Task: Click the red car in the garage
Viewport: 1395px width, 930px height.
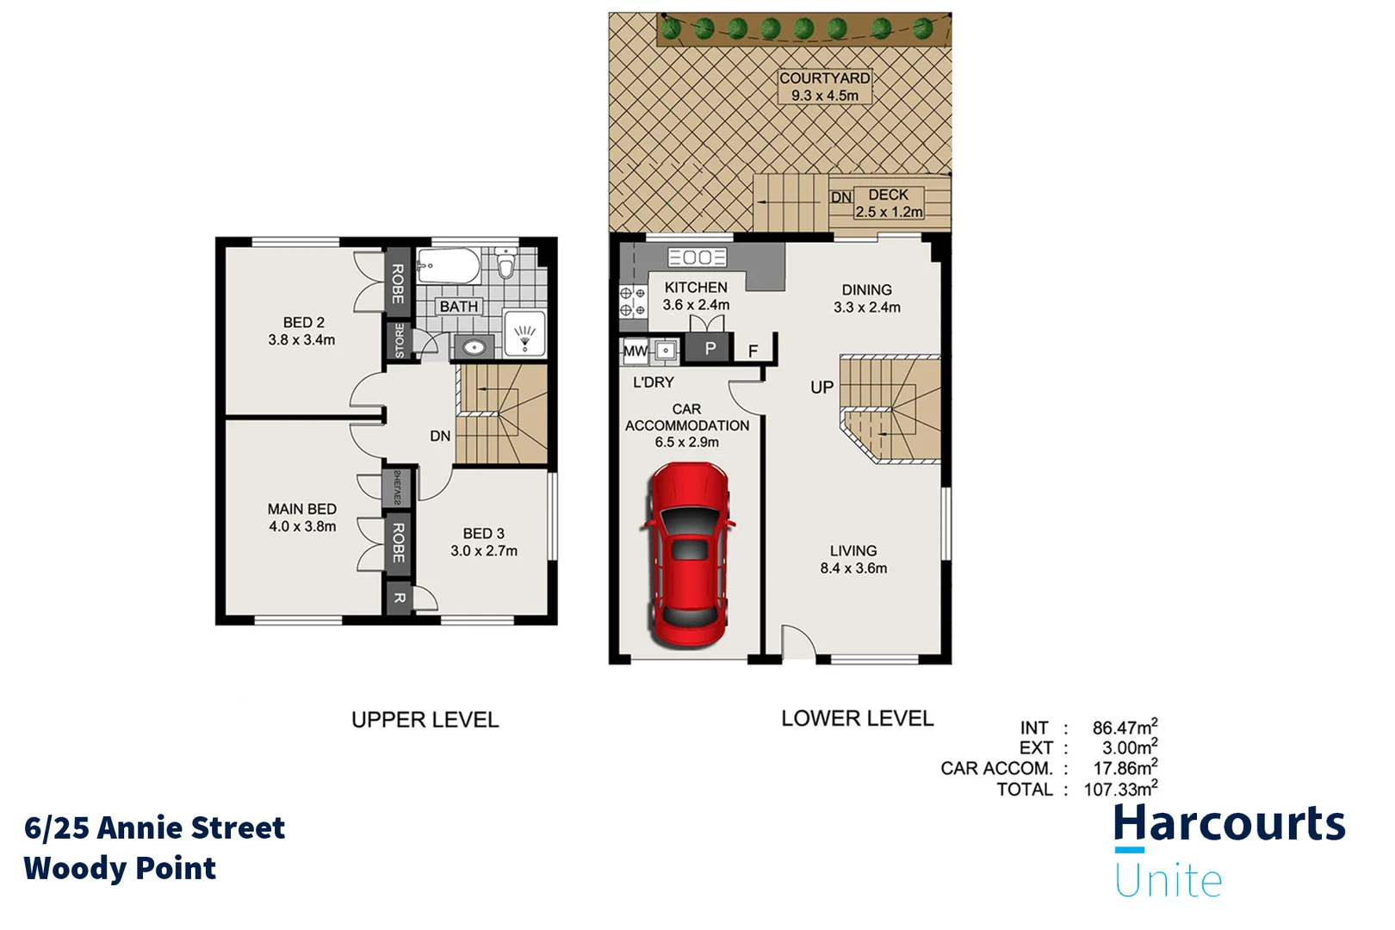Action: (688, 555)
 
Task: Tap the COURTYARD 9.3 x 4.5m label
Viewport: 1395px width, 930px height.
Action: (824, 86)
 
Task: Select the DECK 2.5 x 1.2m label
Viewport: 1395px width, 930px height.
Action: (888, 203)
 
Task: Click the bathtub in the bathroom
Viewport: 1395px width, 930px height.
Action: (448, 266)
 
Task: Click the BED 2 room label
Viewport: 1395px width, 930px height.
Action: (302, 331)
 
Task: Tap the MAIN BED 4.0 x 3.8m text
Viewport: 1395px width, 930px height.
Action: (302, 518)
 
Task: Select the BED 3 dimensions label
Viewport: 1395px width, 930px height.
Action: (484, 551)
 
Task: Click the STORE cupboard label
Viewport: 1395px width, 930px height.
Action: (399, 340)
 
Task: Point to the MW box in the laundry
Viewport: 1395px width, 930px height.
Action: (635, 350)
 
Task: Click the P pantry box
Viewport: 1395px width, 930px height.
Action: (710, 349)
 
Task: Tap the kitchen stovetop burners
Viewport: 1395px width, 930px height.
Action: (633, 301)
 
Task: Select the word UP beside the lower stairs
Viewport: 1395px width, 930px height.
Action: (821, 387)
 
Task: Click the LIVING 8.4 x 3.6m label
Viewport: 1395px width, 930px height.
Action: (853, 559)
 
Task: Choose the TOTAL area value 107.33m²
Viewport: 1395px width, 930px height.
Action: (1119, 789)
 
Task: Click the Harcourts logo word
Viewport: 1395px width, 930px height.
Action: (1229, 823)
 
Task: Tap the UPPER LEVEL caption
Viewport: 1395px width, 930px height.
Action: (425, 720)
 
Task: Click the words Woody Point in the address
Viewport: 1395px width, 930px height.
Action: (120, 868)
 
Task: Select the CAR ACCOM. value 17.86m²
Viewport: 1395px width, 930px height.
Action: (1125, 768)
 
